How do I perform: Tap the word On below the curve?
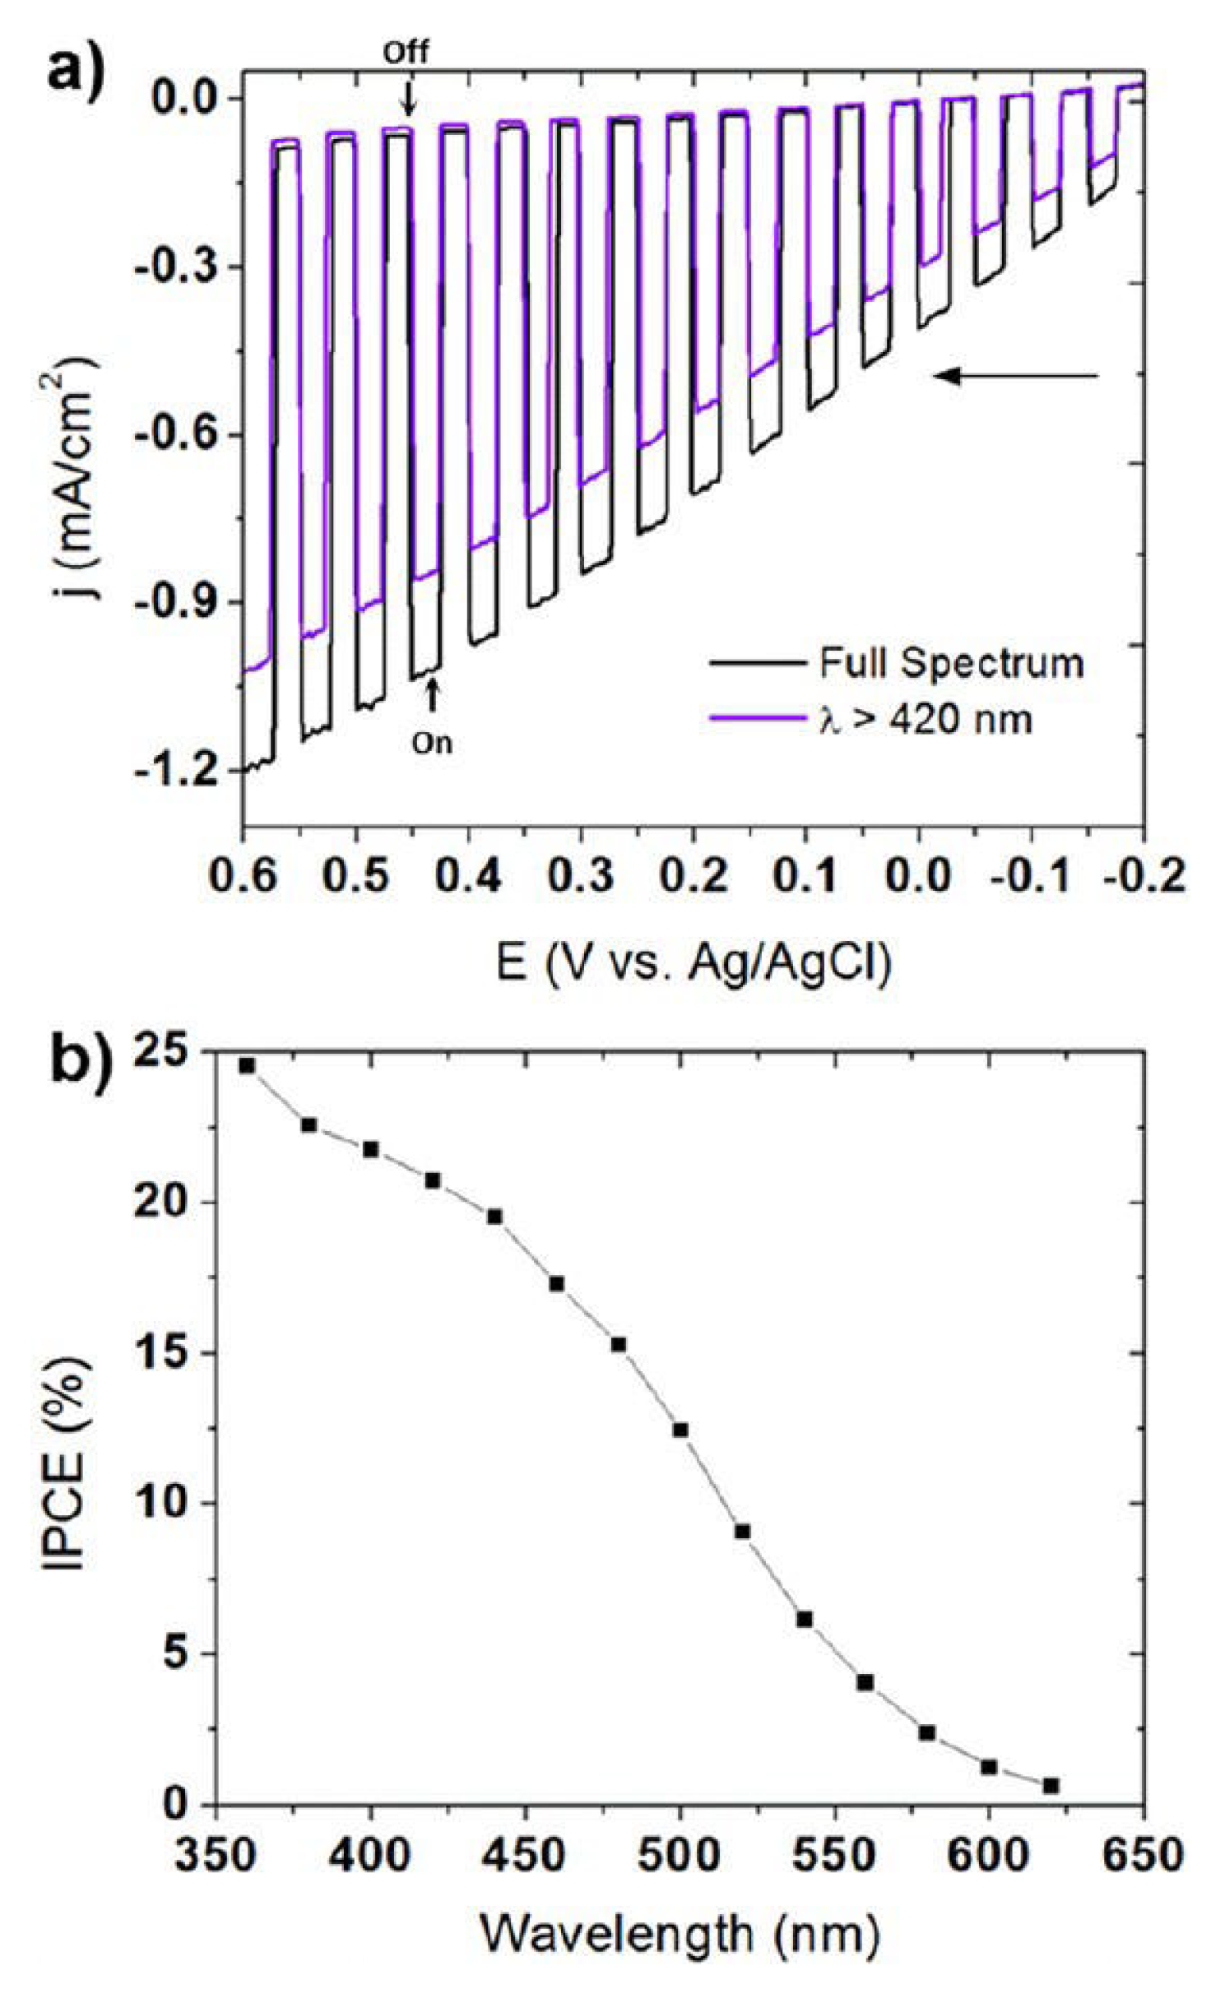click(x=432, y=744)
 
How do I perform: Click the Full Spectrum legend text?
click(x=951, y=663)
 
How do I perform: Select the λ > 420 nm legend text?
click(x=925, y=720)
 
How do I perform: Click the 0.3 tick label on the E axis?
click(x=580, y=876)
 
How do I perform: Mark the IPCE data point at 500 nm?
click(x=680, y=1430)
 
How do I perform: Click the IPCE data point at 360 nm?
click(x=247, y=1065)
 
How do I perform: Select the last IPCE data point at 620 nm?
click(x=1051, y=1785)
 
